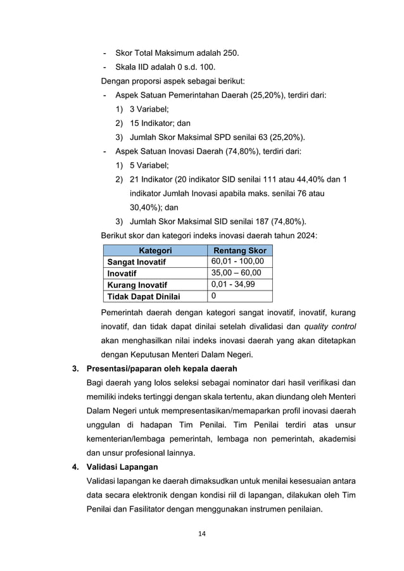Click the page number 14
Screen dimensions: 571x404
(x=201, y=534)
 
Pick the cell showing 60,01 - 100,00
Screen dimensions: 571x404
(x=238, y=261)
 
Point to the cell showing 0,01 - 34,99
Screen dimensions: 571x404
(x=234, y=284)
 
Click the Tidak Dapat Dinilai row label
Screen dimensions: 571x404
(x=144, y=296)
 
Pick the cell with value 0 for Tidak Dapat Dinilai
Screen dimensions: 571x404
(x=213, y=296)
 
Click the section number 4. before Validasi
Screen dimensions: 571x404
(x=75, y=467)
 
